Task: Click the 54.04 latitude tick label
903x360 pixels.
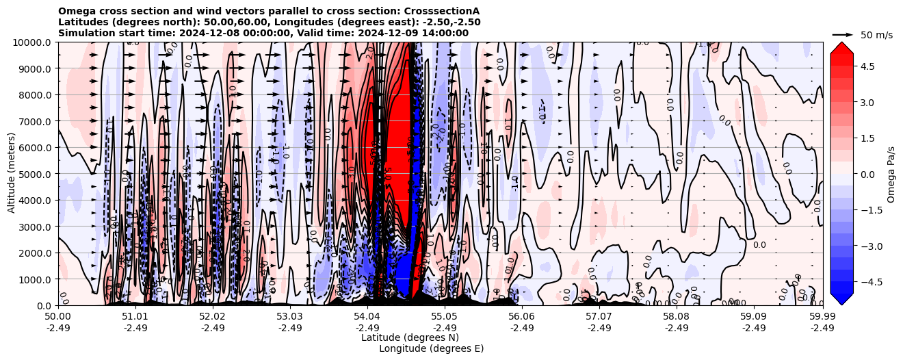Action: tap(367, 317)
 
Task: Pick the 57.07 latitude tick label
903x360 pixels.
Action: tap(599, 317)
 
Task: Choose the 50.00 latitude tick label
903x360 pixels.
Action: tap(58, 317)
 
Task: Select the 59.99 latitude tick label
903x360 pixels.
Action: tap(822, 317)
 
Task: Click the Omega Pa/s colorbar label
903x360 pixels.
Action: tap(891, 174)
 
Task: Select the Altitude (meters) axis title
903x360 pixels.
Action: tap(12, 174)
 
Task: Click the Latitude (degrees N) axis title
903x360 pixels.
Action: tap(410, 337)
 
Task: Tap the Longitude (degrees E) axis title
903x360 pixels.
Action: tap(431, 348)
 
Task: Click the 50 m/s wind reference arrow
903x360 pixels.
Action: tap(842, 34)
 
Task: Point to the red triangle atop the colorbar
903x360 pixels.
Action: tap(841, 47)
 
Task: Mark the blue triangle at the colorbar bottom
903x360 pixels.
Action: tap(841, 299)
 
